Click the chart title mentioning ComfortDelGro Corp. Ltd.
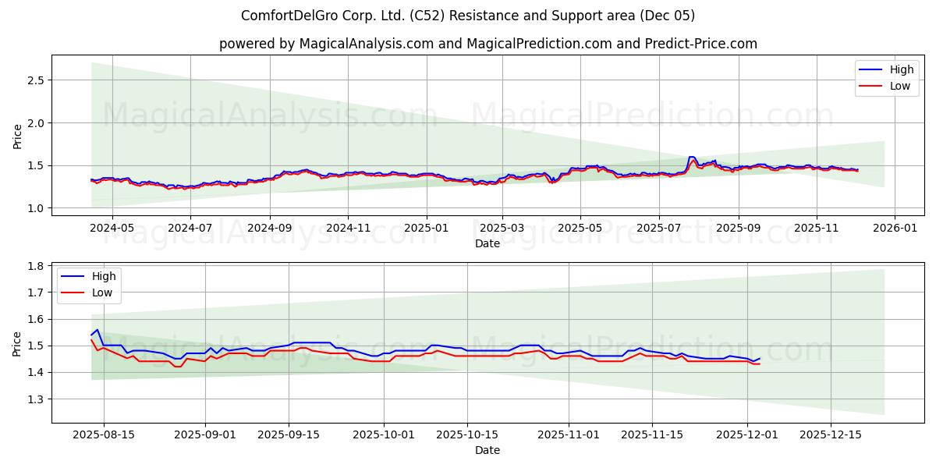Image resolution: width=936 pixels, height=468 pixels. pyautogui.click(x=468, y=16)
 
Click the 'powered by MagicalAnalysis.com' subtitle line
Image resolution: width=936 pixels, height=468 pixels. pyautogui.click(x=487, y=44)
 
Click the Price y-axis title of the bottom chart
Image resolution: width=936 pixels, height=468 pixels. pyautogui.click(x=17, y=342)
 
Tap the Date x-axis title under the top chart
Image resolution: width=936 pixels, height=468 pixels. pyautogui.click(x=487, y=243)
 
